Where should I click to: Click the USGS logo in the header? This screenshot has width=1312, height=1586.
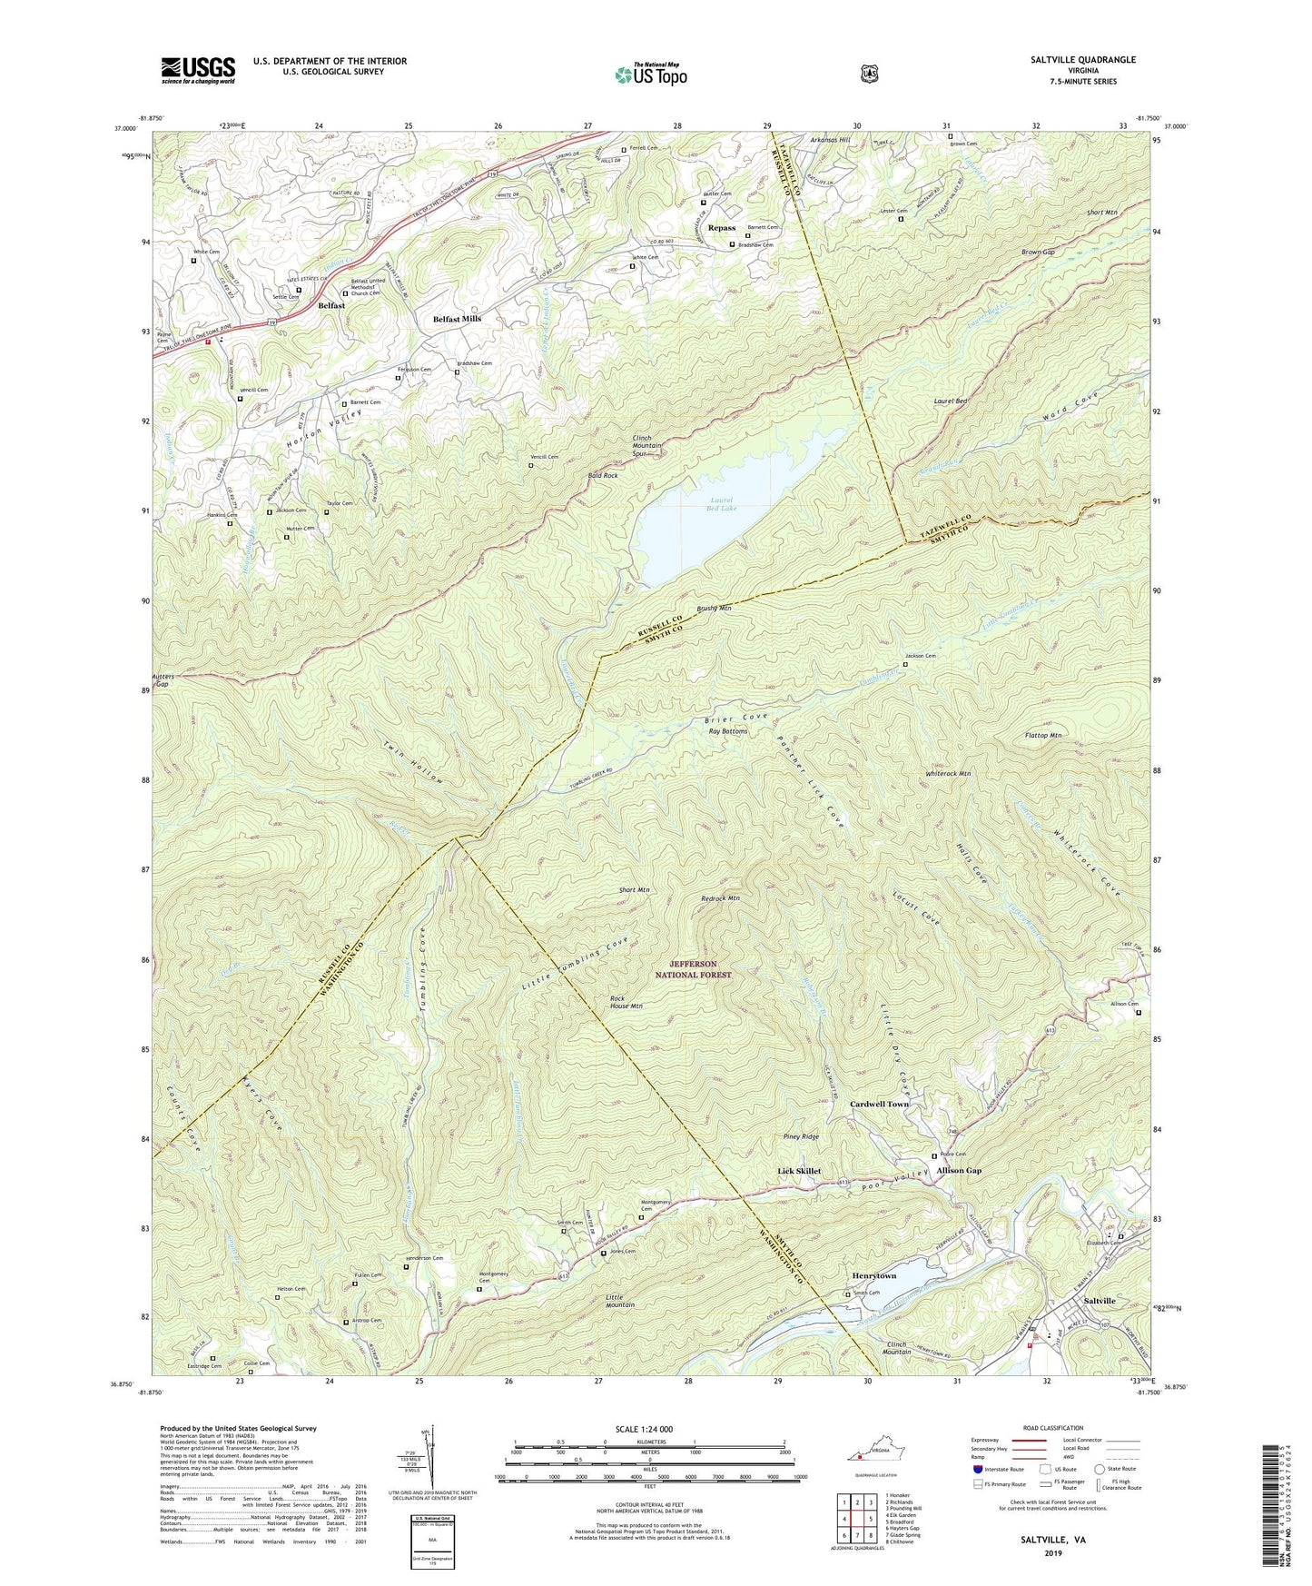(198, 70)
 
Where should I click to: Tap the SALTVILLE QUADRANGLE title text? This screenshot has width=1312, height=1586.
(1082, 60)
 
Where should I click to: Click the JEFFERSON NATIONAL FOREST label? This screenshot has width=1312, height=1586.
(694, 969)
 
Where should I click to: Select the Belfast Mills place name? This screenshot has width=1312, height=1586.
(457, 320)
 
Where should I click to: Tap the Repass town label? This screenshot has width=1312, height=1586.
(722, 228)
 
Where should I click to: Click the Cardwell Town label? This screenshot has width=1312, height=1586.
(879, 1104)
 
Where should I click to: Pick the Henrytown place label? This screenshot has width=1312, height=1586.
(873, 1275)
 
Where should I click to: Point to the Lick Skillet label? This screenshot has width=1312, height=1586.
(799, 1171)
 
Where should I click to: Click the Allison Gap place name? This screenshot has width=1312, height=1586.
(959, 1171)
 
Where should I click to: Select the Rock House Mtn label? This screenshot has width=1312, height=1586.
(626, 1002)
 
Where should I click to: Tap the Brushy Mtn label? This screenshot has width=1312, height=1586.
(714, 608)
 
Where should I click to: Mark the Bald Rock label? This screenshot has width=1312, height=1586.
(603, 475)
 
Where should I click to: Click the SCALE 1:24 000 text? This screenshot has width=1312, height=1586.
(644, 1429)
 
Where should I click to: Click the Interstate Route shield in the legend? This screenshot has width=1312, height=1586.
(977, 1469)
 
